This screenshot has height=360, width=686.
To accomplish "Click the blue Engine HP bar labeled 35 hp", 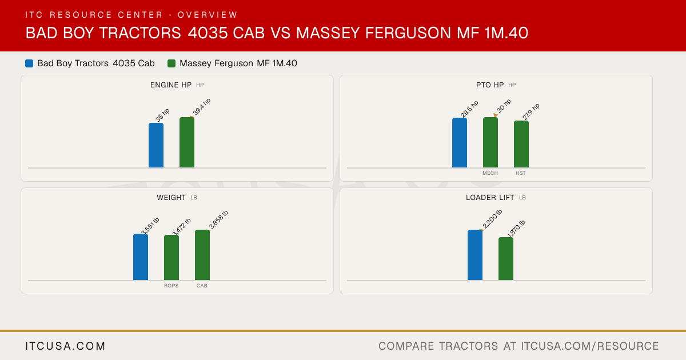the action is pos(156,145).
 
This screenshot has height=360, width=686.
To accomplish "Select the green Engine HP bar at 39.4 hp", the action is pos(187,142).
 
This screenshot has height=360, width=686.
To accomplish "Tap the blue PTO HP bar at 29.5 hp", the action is pos(460,143).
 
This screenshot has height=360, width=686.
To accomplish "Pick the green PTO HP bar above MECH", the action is pos(490,142).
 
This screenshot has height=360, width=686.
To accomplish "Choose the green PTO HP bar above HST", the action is pos(521,144).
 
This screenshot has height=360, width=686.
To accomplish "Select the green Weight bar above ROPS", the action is pos(171,258).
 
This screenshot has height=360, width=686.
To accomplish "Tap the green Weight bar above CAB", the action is pos(202,255).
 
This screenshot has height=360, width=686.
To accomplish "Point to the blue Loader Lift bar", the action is pos(475,255).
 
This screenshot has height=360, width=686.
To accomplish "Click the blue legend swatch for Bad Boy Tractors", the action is pos(29,63).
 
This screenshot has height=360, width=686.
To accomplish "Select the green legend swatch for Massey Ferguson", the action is pos(171,63).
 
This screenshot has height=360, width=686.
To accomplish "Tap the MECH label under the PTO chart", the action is pos(490,173).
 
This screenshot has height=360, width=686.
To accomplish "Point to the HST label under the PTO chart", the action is pos(521,173).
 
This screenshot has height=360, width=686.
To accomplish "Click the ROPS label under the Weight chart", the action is pos(171,286).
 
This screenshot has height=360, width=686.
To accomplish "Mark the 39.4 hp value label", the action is pos(202,107).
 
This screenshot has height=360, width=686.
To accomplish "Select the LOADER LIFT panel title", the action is pos(490,198).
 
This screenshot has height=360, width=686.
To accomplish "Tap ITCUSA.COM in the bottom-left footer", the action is pos(65,346).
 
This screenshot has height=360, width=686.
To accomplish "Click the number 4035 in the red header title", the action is pos(208,33).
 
